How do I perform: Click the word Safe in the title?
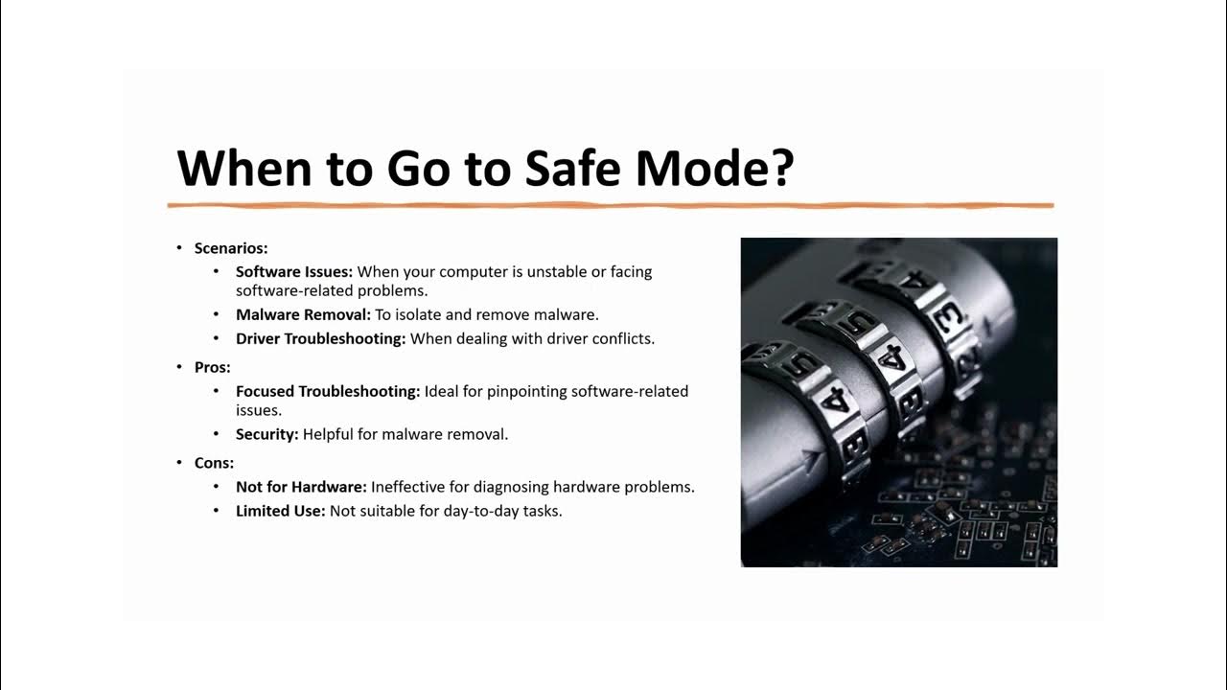click(x=573, y=167)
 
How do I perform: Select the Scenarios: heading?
click(x=231, y=248)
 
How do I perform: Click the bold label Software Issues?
click(x=294, y=271)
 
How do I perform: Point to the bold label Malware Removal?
click(x=303, y=314)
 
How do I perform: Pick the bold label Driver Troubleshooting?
click(x=320, y=338)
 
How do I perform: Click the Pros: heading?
click(x=213, y=367)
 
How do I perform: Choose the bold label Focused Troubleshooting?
click(x=328, y=391)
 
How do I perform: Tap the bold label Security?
click(x=266, y=434)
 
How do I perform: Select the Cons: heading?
click(x=214, y=463)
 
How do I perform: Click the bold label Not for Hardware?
click(x=301, y=486)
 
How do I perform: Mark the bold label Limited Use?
click(x=281, y=511)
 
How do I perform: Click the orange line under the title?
click(x=611, y=205)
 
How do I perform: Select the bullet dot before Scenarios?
click(x=179, y=248)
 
